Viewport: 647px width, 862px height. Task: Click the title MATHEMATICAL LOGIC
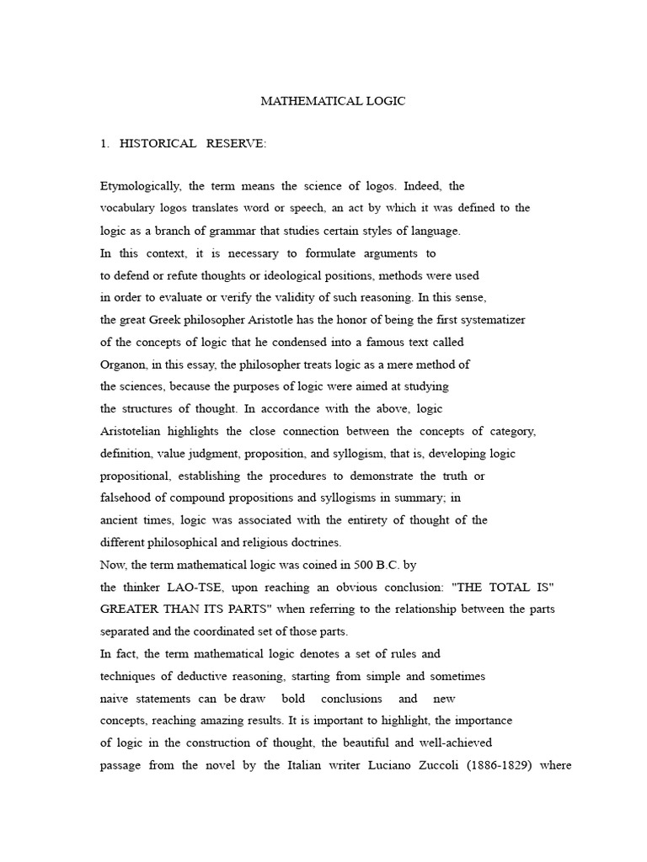(333, 101)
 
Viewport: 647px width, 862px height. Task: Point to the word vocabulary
(129, 208)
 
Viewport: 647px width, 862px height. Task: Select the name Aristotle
(283, 320)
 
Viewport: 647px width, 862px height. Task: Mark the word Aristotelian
(136, 432)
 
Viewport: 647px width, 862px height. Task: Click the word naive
(115, 699)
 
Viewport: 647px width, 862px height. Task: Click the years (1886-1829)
(524, 766)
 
